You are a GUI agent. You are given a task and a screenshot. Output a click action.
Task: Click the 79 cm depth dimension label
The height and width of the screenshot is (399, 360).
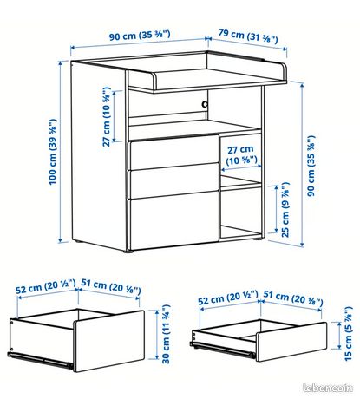pos(248,36)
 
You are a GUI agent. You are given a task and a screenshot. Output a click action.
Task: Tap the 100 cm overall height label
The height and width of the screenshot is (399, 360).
pos(52,152)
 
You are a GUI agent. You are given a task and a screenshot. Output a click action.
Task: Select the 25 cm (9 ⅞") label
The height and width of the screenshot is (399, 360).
pos(285,210)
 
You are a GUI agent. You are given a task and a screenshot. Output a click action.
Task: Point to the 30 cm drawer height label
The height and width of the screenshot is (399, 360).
pos(166,334)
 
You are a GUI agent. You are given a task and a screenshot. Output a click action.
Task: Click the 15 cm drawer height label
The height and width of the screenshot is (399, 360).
pos(349,333)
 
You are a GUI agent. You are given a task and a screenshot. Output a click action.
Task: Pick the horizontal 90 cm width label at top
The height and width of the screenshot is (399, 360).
pos(140,36)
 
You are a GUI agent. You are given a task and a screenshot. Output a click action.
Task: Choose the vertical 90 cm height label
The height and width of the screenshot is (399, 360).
pos(311,166)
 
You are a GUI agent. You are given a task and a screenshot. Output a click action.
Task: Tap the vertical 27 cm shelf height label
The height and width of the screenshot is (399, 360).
pos(107,116)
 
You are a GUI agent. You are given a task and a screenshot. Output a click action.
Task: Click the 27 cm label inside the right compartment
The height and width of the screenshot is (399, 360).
pos(241,155)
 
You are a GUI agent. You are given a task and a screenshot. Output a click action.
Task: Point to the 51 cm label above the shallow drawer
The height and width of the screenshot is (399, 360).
pos(293,298)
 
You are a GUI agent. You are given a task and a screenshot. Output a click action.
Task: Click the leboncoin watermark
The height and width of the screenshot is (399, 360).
pos(328,388)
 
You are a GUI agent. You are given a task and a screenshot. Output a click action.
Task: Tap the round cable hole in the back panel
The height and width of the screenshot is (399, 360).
pos(205,104)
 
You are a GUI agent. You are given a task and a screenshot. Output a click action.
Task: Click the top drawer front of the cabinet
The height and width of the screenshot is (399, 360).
pos(173,153)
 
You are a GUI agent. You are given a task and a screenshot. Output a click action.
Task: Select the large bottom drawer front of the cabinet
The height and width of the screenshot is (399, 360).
pos(173,220)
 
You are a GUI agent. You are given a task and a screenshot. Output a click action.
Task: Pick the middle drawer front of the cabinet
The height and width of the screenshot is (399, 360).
pos(173,180)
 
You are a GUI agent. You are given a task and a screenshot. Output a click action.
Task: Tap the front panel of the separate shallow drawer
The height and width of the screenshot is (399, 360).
pos(292,342)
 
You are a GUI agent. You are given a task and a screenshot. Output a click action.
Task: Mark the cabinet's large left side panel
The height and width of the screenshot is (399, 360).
pos(99,156)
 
